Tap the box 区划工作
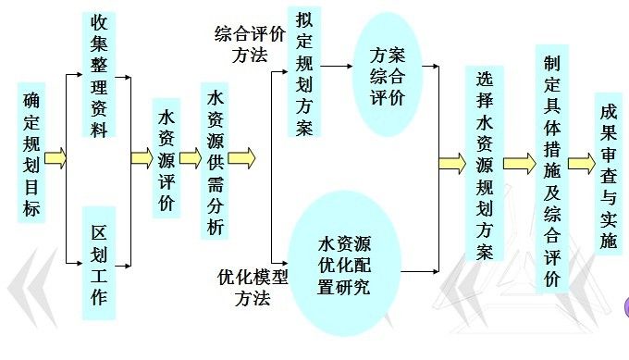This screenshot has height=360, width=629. [99, 263]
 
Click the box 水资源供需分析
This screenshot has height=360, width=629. [215, 162]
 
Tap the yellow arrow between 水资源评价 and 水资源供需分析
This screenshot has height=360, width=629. [191, 158]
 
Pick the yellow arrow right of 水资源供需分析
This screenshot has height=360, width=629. [241, 158]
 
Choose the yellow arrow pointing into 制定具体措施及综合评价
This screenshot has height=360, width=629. [518, 164]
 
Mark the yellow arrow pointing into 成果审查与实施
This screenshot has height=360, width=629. [581, 164]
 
